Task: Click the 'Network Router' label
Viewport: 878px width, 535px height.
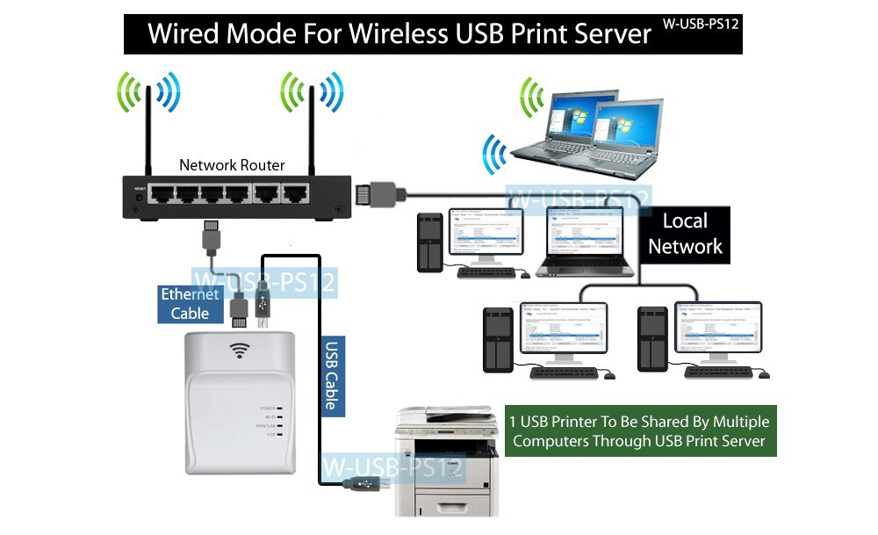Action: (x=232, y=165)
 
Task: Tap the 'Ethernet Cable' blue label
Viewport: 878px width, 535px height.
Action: (x=190, y=304)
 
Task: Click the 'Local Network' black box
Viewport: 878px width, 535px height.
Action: (x=685, y=233)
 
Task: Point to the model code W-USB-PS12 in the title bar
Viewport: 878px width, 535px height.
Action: (x=701, y=24)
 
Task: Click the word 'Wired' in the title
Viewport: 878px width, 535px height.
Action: (x=185, y=33)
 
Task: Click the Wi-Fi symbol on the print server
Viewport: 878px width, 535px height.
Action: (x=238, y=351)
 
